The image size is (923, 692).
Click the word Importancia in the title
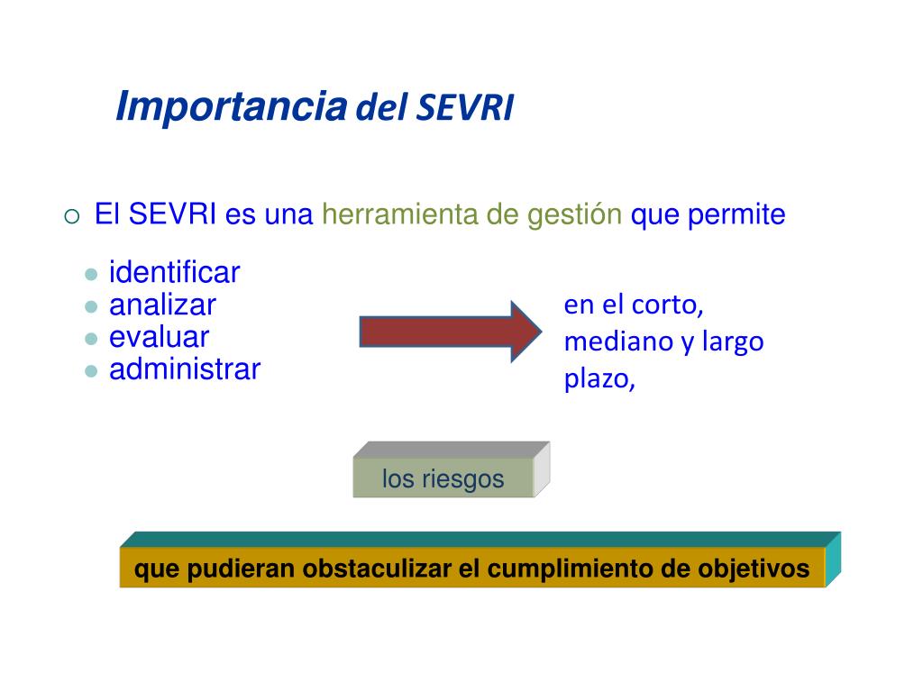pos(232,107)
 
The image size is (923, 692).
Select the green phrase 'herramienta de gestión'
pos(472,215)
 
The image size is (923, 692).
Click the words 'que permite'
pos(708,215)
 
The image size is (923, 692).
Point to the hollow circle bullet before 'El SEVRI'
pos(73,216)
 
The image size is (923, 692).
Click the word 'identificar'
pos(175,272)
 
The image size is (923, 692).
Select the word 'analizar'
pos(162,305)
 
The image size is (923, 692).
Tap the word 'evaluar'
pos(159,337)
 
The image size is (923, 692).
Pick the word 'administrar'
pos(185,369)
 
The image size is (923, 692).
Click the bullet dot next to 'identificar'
pos(90,274)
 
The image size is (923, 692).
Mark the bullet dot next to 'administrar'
pos(90,370)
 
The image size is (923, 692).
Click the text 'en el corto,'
pos(634,305)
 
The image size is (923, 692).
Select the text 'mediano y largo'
pos(663,341)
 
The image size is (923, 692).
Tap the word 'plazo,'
pos(600,379)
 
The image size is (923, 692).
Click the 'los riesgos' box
pos(443,478)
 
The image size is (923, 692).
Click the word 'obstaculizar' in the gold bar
pos(378,569)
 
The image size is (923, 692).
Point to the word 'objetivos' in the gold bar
pos(754,569)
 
